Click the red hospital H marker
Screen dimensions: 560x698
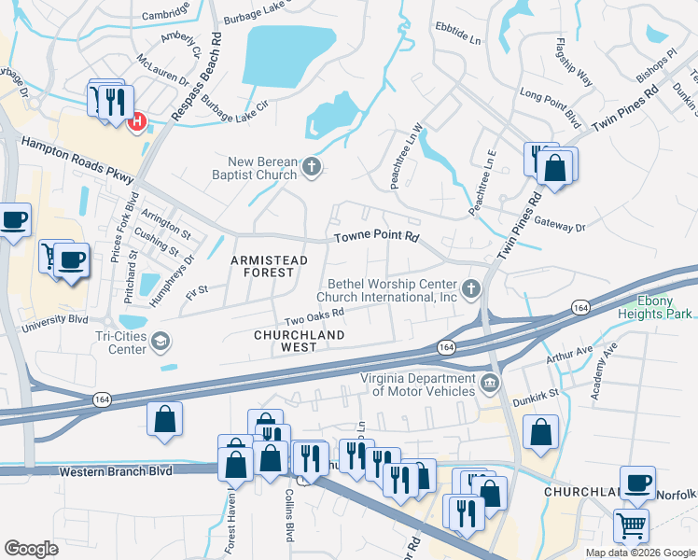click(137, 122)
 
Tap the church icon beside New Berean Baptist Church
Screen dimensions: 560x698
click(313, 169)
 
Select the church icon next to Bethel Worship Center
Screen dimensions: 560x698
click(472, 289)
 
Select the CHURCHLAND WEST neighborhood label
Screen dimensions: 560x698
click(300, 340)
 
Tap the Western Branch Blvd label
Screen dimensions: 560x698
click(116, 471)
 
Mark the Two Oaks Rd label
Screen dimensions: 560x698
click(314, 317)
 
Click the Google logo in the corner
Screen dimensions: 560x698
click(31, 549)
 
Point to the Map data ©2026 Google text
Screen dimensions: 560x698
click(639, 553)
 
